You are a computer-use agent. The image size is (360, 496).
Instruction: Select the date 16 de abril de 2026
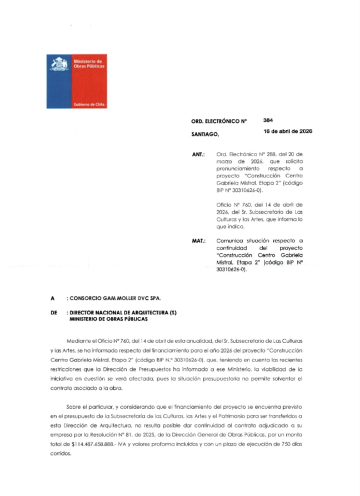click(x=288, y=132)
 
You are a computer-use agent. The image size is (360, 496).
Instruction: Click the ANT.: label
click(x=198, y=153)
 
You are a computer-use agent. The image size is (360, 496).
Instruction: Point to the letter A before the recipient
click(x=52, y=299)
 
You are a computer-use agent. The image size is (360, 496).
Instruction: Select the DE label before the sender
click(x=53, y=313)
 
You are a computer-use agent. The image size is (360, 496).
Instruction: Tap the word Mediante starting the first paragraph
click(x=78, y=339)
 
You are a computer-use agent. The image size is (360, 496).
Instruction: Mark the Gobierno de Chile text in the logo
click(x=89, y=105)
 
